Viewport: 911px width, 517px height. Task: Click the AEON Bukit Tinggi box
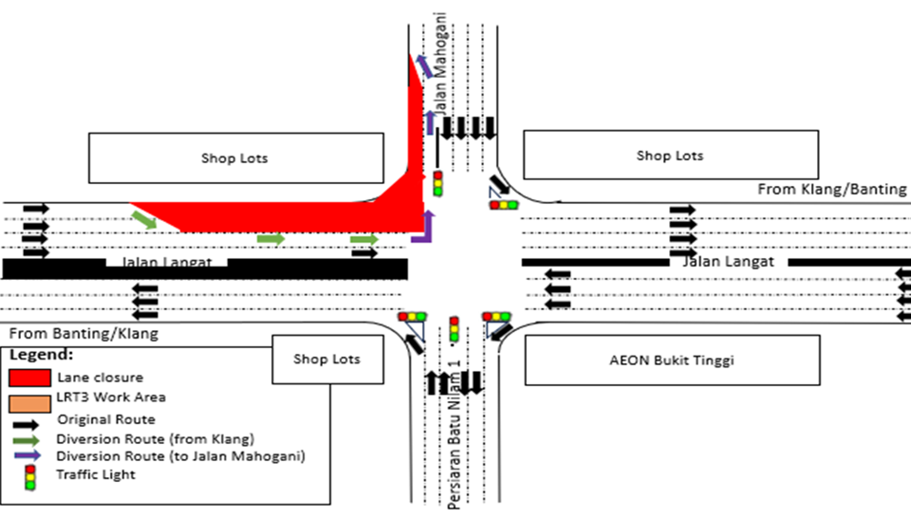671,360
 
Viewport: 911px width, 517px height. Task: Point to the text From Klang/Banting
832,190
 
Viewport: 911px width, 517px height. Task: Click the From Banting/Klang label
84,334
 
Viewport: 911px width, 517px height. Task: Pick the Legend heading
42,354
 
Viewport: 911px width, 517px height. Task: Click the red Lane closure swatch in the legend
28,376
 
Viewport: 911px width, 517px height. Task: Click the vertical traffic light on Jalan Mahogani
437,183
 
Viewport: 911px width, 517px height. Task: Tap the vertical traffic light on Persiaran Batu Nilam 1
454,329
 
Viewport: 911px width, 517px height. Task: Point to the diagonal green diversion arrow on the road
144,220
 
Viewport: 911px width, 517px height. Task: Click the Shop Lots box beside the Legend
325,360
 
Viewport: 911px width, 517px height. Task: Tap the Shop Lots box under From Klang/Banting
670,156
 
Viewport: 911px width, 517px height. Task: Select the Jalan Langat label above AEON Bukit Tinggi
729,261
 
